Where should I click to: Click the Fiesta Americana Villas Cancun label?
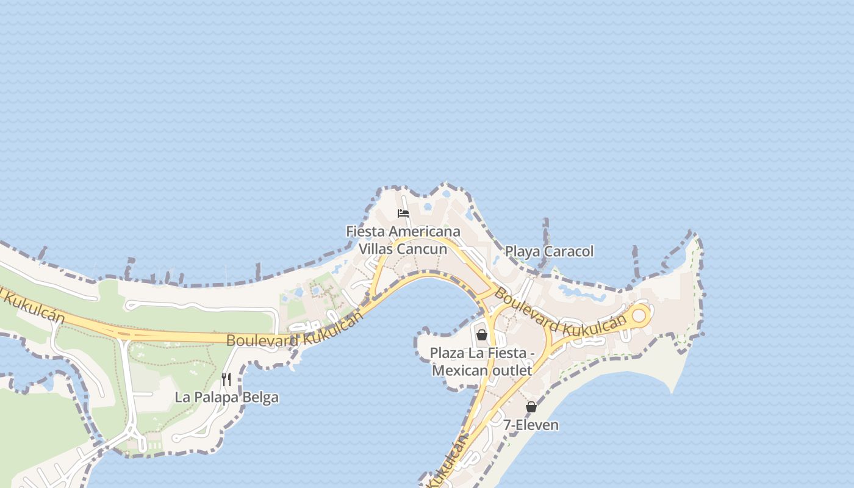pyautogui.click(x=403, y=240)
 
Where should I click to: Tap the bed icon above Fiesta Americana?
pyautogui.click(x=403, y=213)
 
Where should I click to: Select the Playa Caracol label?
pyautogui.click(x=549, y=251)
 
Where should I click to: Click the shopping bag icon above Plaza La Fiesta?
pyautogui.click(x=481, y=335)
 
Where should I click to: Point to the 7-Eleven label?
pyautogui.click(x=531, y=425)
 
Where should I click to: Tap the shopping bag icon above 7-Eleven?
pyautogui.click(x=531, y=407)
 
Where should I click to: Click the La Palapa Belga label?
pyautogui.click(x=226, y=397)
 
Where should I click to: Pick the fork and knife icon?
pyautogui.click(x=226, y=379)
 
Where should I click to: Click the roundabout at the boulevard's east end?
pyautogui.click(x=640, y=315)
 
